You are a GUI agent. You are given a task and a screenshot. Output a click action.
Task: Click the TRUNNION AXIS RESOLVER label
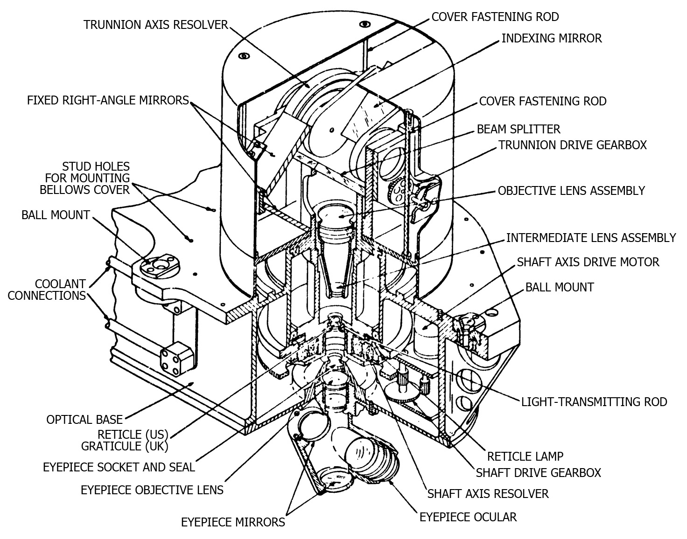155,25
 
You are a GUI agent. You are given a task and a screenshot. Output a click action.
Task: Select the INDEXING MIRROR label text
552,38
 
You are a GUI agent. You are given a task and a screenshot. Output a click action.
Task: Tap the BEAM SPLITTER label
519,129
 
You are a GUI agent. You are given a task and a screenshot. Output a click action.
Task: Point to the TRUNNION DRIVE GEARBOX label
573,145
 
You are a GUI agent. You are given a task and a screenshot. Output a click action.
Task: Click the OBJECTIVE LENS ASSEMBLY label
571,191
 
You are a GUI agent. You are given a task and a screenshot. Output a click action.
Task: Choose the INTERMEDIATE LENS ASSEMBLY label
591,238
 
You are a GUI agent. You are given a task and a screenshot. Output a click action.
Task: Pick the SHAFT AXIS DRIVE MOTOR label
588,262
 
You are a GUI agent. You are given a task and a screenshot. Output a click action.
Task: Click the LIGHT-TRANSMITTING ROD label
594,401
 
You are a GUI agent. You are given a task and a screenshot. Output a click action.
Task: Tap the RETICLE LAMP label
525,456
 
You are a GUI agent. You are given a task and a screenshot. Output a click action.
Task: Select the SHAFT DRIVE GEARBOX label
538,473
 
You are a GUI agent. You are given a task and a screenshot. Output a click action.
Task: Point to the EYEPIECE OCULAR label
468,517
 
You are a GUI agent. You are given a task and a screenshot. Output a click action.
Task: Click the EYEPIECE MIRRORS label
233,522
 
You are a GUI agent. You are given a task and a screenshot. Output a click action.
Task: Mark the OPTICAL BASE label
84,420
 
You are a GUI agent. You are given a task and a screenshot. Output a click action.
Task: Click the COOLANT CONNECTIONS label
47,290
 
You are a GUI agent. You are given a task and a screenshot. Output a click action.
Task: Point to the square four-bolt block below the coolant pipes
176,359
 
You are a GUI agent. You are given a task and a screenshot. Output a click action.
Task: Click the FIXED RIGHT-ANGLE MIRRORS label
108,100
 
